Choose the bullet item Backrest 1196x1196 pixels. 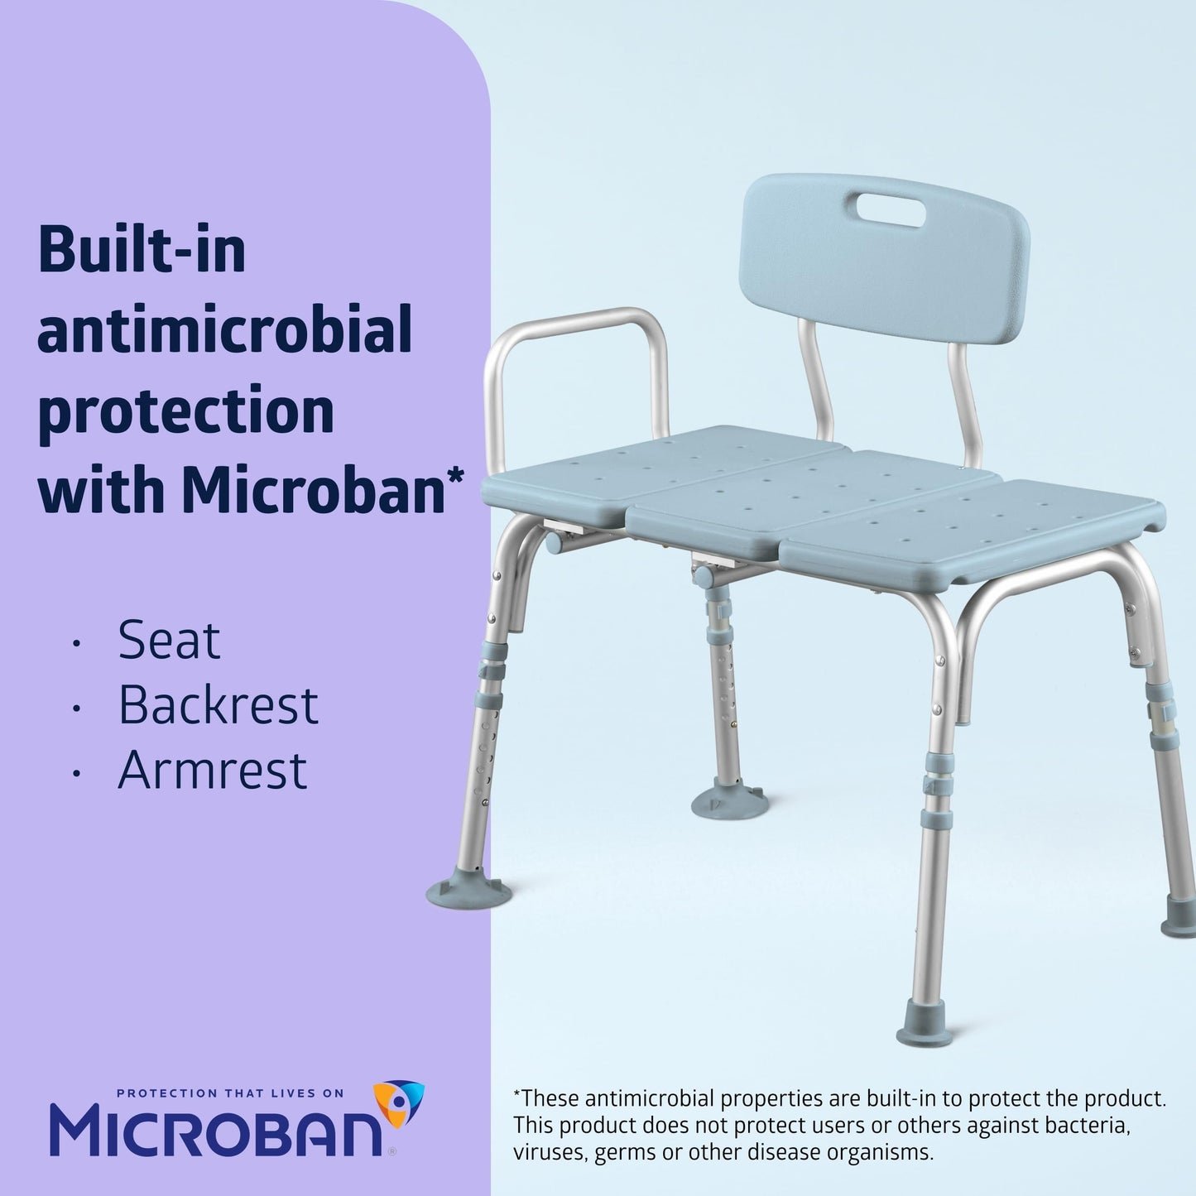pos(218,705)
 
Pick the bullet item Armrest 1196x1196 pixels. pos(212,770)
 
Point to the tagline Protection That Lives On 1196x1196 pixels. pos(230,1093)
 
